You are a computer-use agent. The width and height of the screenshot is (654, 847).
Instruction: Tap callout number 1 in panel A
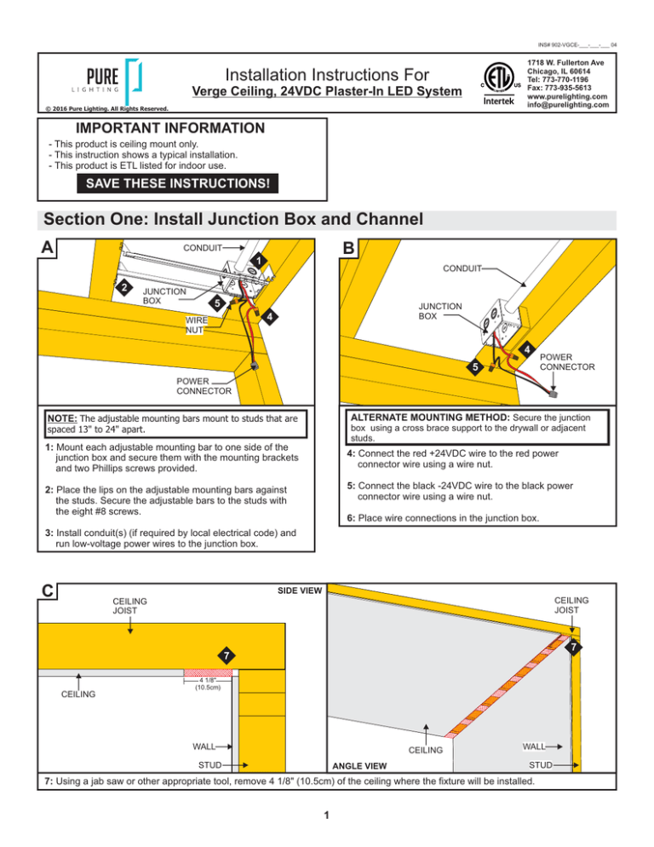click(255, 259)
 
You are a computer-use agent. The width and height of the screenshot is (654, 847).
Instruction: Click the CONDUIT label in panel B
click(459, 268)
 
